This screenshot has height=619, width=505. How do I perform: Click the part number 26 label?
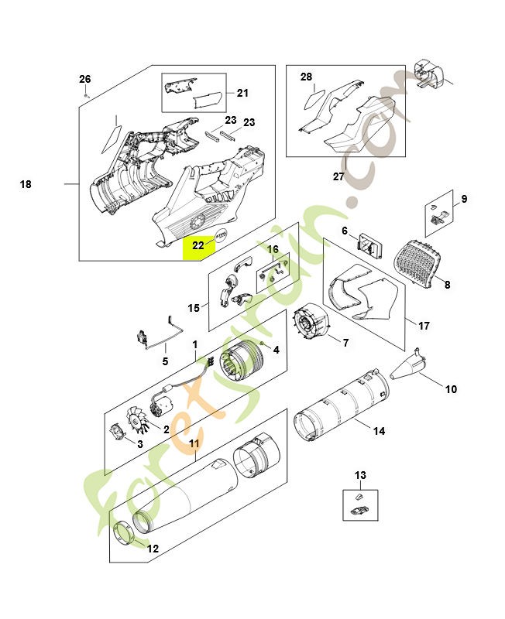85,79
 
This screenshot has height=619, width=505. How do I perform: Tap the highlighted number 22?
198,245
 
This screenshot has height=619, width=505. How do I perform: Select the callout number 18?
26,184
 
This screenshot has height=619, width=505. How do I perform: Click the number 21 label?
242,94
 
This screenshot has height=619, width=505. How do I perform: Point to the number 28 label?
306,77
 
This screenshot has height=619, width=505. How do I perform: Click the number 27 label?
338,176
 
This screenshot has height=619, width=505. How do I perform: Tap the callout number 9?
464,199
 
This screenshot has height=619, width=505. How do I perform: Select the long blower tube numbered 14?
345,409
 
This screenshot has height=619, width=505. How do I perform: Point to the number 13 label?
360,475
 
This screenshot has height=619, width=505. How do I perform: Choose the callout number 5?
164,361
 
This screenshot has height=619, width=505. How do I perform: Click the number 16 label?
273,249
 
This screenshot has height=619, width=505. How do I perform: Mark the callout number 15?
194,307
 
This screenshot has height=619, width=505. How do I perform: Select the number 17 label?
424,326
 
